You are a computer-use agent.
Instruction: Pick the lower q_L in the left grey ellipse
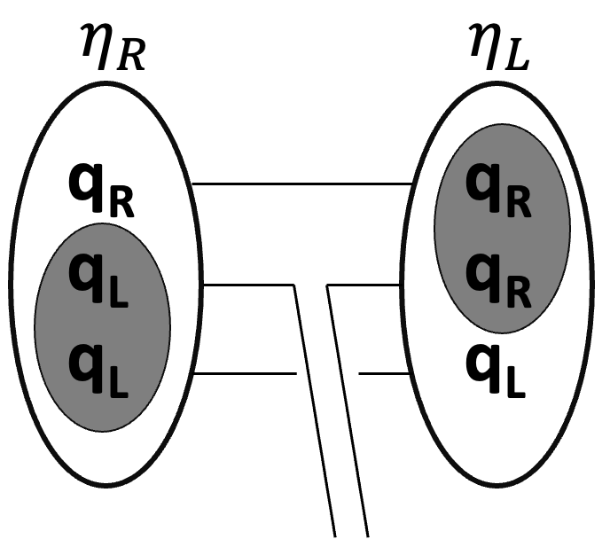[98, 367]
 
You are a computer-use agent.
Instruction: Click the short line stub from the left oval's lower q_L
[244, 374]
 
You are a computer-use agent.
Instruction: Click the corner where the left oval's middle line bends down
[293, 285]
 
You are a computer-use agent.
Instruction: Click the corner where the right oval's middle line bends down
[329, 285]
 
